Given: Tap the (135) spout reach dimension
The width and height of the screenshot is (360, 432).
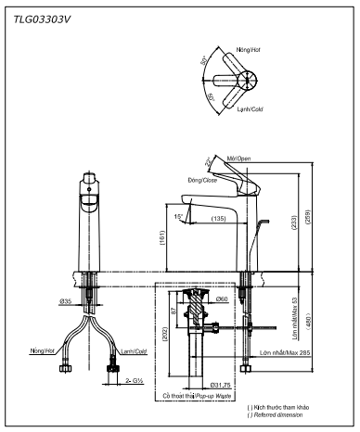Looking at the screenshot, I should coord(219,220).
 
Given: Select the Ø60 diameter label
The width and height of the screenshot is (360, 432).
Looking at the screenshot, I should coord(222,299).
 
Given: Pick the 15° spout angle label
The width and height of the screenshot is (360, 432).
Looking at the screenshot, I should coord(177,216).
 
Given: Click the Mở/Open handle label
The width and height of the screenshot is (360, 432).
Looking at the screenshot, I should coord(240,159).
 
